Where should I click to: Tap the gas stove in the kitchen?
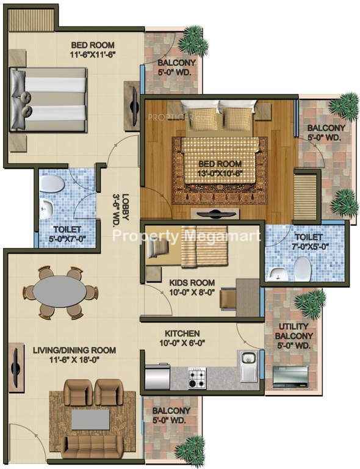[x=197, y=378]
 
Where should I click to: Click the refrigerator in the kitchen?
[x=157, y=376]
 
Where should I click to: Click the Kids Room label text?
[x=192, y=283]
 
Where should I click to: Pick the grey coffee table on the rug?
[x=90, y=420]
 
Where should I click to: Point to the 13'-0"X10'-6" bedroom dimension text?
[x=220, y=173]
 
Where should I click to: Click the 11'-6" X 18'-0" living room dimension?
[x=74, y=360]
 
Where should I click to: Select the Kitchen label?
[x=182, y=333]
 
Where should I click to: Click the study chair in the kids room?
[x=228, y=298]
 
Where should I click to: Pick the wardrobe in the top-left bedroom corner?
[x=31, y=20]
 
